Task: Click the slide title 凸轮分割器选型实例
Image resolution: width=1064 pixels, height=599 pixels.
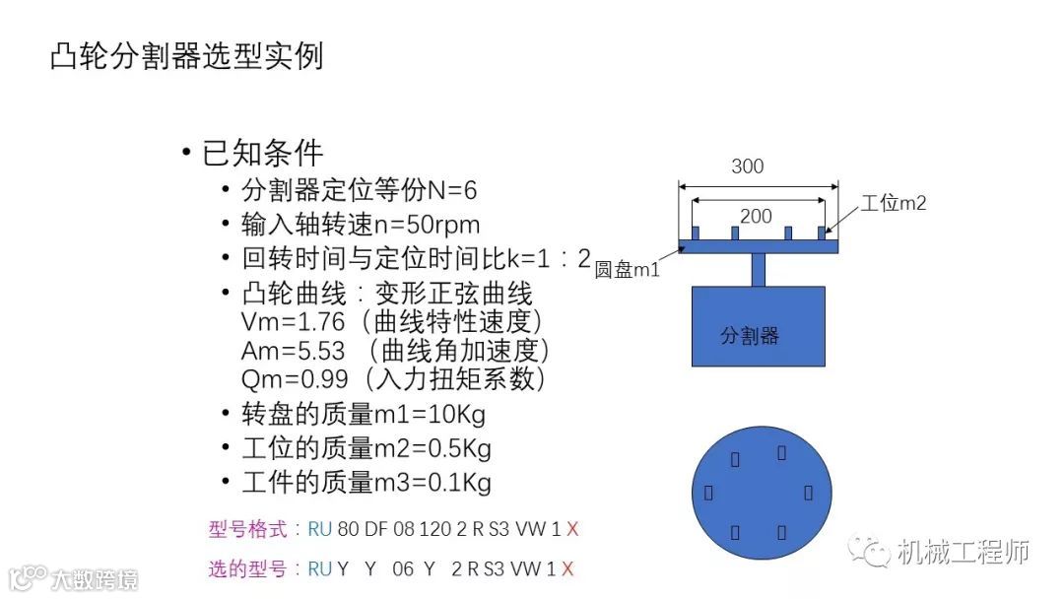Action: (186, 56)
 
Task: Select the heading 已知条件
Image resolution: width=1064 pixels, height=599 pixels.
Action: (262, 153)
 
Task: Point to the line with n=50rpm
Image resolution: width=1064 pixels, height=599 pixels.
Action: (361, 225)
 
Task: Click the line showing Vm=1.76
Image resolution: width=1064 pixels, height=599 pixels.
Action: (392, 322)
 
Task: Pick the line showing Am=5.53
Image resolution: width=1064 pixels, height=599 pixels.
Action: (395, 351)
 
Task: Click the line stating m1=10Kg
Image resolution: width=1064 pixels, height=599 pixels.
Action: (363, 414)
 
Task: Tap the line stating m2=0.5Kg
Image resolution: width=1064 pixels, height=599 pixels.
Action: (366, 448)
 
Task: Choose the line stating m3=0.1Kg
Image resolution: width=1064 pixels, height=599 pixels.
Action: (366, 483)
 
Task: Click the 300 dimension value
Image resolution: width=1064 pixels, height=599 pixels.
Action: (748, 166)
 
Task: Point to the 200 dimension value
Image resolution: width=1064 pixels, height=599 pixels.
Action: (756, 216)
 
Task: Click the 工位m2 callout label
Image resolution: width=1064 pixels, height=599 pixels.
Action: (894, 203)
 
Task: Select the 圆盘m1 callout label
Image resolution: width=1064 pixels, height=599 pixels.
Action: (628, 270)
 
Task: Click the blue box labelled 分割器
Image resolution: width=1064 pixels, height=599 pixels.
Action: (758, 326)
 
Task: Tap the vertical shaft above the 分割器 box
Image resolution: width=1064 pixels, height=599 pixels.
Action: (759, 269)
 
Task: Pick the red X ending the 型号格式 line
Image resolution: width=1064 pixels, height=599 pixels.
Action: (572, 530)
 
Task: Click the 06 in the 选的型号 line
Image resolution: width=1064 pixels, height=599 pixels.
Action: (403, 569)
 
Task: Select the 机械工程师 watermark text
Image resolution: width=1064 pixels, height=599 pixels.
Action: (963, 553)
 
